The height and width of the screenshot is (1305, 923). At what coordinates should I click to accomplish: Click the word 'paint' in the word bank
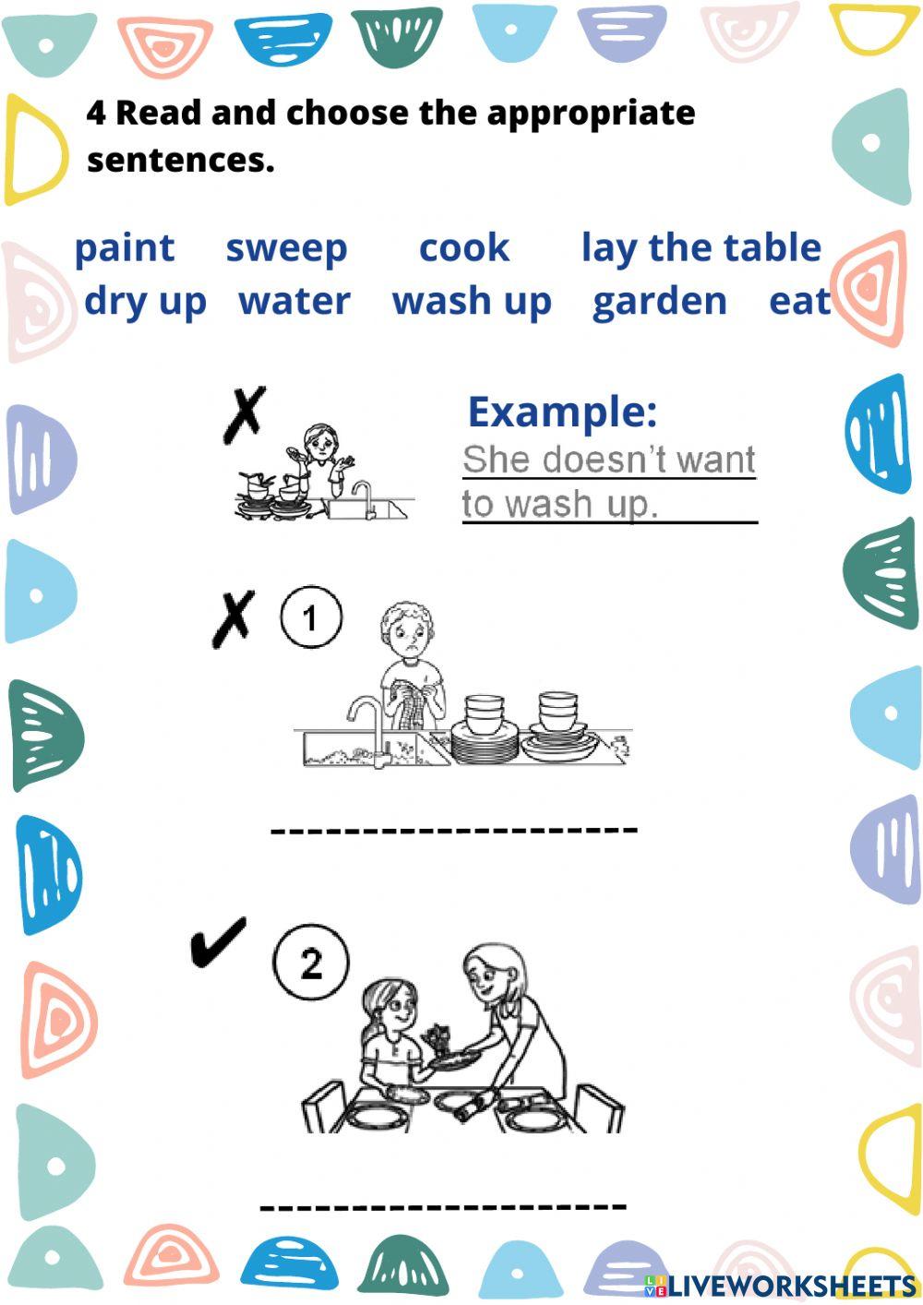124,248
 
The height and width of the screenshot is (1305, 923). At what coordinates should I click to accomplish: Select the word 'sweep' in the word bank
286,248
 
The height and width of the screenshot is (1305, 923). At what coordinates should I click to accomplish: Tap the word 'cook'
463,248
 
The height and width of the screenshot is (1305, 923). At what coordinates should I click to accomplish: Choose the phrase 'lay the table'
701,248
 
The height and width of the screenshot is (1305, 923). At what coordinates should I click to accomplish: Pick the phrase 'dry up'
145,302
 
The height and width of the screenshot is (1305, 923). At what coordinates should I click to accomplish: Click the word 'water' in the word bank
294,302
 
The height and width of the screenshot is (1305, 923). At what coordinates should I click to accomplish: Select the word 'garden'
659,302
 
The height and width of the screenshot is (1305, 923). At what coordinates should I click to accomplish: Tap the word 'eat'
799,302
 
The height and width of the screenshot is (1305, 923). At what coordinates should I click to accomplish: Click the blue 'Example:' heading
562,412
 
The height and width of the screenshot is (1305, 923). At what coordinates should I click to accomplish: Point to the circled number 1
311,617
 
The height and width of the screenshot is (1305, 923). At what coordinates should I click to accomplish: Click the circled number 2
311,964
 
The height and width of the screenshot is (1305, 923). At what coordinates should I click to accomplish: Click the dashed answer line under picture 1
453,830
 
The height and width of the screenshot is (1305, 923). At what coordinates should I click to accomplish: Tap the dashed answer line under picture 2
443,1206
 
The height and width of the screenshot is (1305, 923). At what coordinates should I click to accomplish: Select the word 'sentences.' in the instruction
181,161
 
